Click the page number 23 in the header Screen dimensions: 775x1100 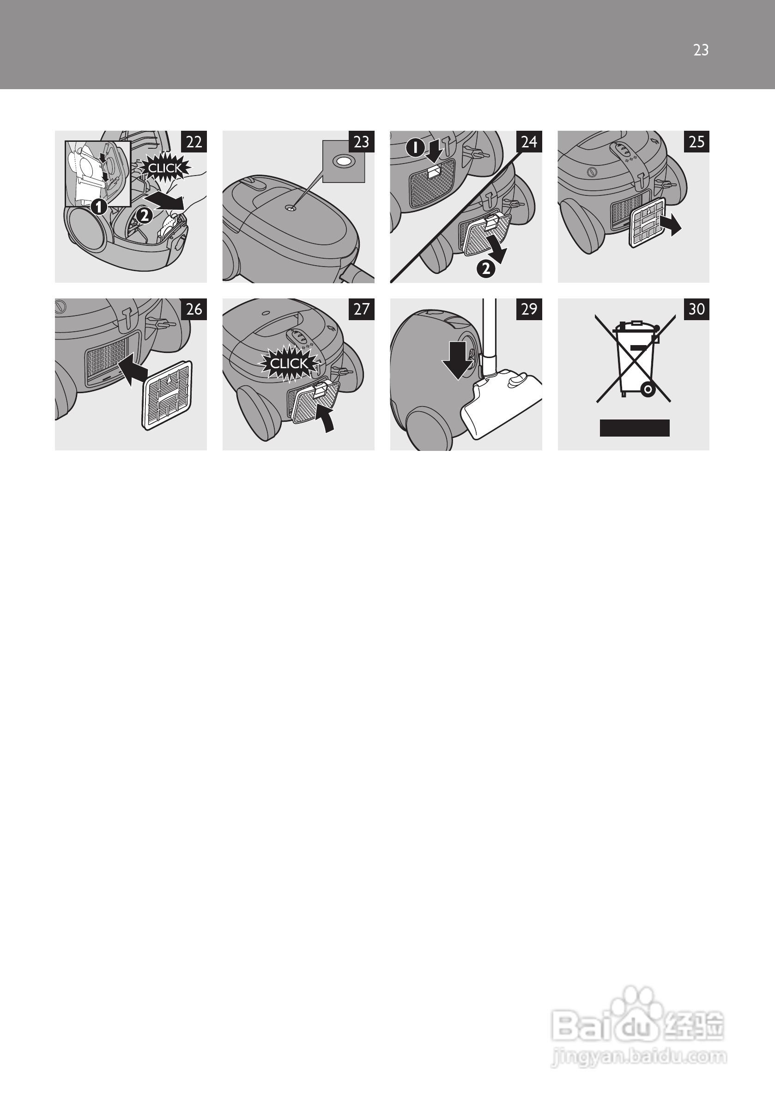click(701, 50)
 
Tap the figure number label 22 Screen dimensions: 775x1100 click(194, 141)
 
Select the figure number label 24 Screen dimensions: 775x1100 click(529, 141)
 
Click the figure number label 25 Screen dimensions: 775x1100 click(697, 141)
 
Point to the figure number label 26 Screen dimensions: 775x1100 click(194, 309)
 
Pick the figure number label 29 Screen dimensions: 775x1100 click(529, 309)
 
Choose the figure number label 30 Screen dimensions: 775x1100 click(697, 309)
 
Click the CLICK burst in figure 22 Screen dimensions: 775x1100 click(165, 168)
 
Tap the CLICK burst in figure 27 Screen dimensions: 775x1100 click(288, 364)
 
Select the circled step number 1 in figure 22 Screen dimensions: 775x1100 click(99, 207)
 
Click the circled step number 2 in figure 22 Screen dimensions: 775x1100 click(144, 216)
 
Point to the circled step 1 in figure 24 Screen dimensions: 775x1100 click(415, 147)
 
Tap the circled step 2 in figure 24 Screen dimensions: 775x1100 click(486, 269)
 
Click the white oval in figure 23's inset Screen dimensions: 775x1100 click(343, 161)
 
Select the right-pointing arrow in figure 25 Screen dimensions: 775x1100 click(669, 224)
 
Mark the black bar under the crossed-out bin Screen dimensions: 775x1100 click(635, 428)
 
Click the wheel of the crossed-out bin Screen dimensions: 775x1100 click(648, 389)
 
